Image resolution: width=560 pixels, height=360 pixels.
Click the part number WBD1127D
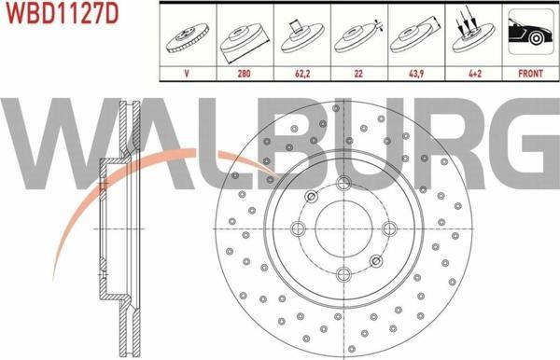point(62,14)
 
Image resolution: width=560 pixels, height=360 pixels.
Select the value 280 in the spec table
point(244,74)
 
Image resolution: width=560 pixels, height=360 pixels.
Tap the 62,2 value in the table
point(302,74)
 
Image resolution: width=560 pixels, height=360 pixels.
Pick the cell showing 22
point(358,74)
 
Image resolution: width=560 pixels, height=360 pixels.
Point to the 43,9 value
point(416,74)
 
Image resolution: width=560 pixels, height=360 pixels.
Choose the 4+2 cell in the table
point(475,74)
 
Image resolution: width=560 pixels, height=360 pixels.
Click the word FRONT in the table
point(530,74)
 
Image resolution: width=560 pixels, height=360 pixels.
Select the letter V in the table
point(187,74)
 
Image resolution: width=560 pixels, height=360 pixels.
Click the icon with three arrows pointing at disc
point(473,34)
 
